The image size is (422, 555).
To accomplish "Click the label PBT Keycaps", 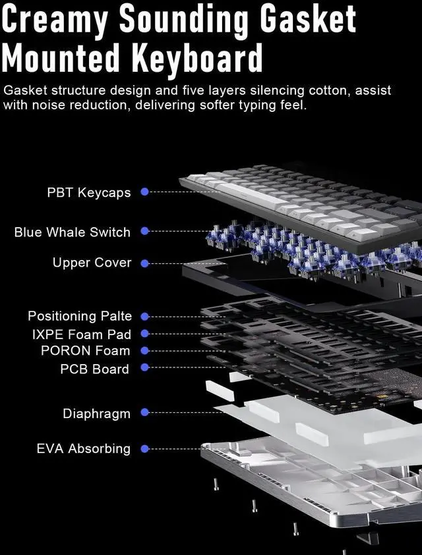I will coord(89,193).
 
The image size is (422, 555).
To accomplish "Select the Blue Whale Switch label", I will coord(73,232).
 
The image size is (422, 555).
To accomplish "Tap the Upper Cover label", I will coord(92,263).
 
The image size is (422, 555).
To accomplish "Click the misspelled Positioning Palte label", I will coord(80,316).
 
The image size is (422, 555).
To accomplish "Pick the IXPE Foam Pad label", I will coord(82,334).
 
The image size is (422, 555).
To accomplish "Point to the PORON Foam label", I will coord(86,351).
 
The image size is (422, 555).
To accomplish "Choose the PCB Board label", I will coord(95,369).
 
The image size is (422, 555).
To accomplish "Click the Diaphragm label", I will coord(97,413).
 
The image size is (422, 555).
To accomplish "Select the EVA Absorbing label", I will coord(84,449).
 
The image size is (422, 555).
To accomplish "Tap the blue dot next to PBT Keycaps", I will coord(145,192).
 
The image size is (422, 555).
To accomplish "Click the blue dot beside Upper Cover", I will coord(145,263).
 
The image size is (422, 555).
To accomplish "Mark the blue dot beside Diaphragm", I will coord(145,413).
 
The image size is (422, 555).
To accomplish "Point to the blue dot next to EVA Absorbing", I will coord(145,449).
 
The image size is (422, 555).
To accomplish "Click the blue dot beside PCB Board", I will coord(145,367).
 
